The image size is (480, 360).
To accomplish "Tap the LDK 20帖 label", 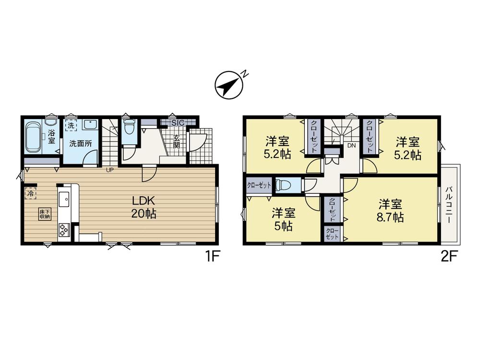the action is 144,207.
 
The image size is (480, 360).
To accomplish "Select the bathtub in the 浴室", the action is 33,137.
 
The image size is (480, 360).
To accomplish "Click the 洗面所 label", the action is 80,144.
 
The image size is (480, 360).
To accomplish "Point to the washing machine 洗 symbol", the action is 71,125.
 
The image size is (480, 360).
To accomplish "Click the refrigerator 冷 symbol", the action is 31,193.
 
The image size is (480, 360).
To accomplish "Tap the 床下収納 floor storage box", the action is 45,214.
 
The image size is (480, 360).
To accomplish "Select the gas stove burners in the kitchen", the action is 64,229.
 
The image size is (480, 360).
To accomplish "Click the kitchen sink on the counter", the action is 64,199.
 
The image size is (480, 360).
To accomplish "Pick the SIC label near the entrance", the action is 178,123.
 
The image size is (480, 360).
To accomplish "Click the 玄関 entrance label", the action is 176,142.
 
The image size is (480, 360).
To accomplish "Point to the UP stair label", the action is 109,170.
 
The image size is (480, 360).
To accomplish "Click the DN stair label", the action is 351,146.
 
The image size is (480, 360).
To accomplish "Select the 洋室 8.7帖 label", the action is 390,211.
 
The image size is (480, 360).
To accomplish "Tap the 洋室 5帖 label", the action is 284,219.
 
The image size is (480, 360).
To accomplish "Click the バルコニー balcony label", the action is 449,204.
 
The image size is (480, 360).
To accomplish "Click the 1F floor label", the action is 213,257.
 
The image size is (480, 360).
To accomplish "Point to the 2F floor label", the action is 448,257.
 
